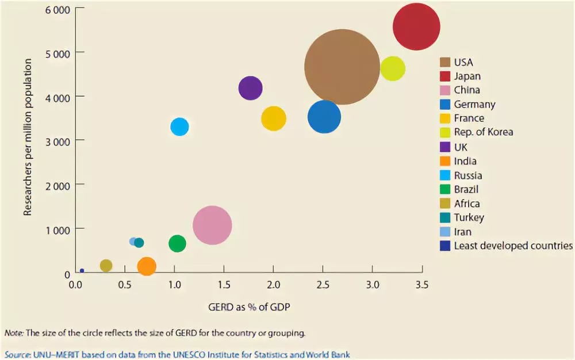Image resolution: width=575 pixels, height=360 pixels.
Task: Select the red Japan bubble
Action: tap(416, 26)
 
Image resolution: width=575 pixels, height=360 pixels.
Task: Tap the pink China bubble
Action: tap(212, 225)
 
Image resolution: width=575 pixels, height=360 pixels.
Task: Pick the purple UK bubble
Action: tap(250, 88)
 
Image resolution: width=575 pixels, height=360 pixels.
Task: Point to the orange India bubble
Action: tap(147, 266)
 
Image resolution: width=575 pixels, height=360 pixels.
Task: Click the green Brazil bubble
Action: tap(177, 243)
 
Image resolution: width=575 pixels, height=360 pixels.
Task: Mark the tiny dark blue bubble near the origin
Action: tap(82, 270)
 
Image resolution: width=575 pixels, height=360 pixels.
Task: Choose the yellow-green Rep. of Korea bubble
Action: tap(393, 69)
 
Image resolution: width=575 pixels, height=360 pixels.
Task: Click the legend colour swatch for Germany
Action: tap(445, 105)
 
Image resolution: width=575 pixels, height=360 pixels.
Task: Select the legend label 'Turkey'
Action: tap(469, 218)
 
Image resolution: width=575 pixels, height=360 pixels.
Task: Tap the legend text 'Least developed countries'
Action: tap(513, 246)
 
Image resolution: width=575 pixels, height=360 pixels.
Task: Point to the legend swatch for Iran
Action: tap(445, 232)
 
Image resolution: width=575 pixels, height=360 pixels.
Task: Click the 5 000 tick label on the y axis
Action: tap(56, 52)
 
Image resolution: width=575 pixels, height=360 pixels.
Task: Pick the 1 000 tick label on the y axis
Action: tap(56, 229)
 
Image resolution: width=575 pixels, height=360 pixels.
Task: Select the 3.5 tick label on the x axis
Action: tap(421, 285)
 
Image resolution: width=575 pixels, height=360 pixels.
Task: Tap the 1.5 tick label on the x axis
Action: tap(224, 285)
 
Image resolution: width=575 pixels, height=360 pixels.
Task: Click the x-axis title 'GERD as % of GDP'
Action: tap(249, 307)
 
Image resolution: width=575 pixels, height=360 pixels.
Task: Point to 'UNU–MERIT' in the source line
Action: tap(50, 354)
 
